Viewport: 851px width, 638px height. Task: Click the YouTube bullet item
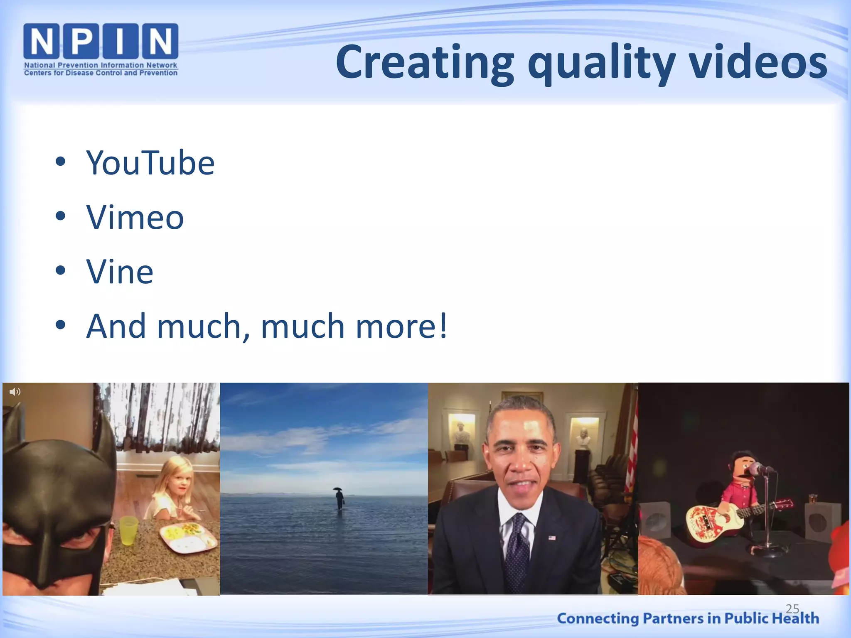(x=150, y=163)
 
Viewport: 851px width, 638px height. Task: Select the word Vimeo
(x=135, y=217)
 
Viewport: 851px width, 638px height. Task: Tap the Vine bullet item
(x=120, y=272)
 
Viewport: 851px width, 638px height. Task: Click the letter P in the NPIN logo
(x=81, y=41)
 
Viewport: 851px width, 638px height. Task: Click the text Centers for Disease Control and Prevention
(x=101, y=73)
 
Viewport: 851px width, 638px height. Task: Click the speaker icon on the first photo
(x=15, y=392)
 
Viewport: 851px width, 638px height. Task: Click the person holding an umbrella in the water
(x=339, y=498)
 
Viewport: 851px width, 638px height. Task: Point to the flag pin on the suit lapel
(x=552, y=537)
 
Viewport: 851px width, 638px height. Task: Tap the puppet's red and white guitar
(x=715, y=521)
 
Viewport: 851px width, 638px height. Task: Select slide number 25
(x=792, y=609)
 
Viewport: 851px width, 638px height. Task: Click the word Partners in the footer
(x=673, y=618)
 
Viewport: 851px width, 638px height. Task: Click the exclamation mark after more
(x=443, y=326)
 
